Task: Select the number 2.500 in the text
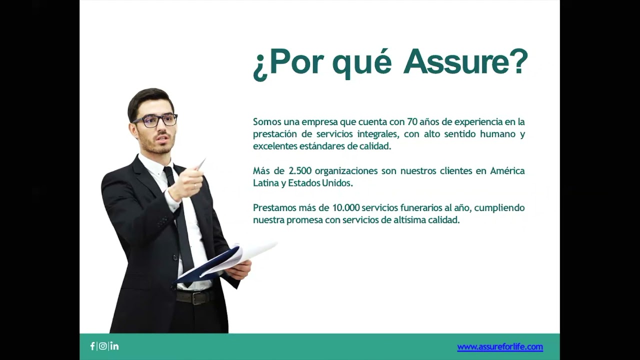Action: (300, 170)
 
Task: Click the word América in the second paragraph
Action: (507, 170)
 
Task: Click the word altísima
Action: (409, 220)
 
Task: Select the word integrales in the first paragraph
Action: (376, 134)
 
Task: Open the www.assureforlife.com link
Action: (499, 346)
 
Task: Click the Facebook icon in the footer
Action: (92, 346)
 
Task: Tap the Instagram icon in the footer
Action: (102, 346)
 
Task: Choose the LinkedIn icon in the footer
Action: (114, 346)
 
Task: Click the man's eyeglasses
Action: (155, 120)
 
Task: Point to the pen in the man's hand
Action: (200, 164)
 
